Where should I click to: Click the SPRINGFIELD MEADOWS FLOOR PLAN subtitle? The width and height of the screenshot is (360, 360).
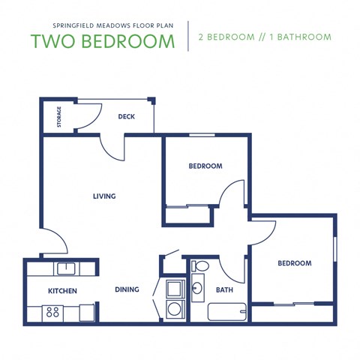[x=104, y=22]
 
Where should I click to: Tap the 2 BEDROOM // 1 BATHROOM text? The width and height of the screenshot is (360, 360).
[x=264, y=37]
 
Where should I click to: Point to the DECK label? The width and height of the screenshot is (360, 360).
[x=126, y=116]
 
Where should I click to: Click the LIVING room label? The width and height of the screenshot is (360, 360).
[x=104, y=196]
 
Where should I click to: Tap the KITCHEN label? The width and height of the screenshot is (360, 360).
[x=63, y=290]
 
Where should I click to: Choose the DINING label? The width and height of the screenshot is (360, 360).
[x=127, y=289]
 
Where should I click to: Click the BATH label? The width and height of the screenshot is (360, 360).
[x=224, y=289]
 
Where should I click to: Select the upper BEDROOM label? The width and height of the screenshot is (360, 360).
[x=205, y=166]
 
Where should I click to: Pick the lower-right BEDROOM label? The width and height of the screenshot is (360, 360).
[x=294, y=263]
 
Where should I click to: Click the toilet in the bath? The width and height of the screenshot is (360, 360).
[x=201, y=266]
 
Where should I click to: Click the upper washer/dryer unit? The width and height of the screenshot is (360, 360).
[x=175, y=287]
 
